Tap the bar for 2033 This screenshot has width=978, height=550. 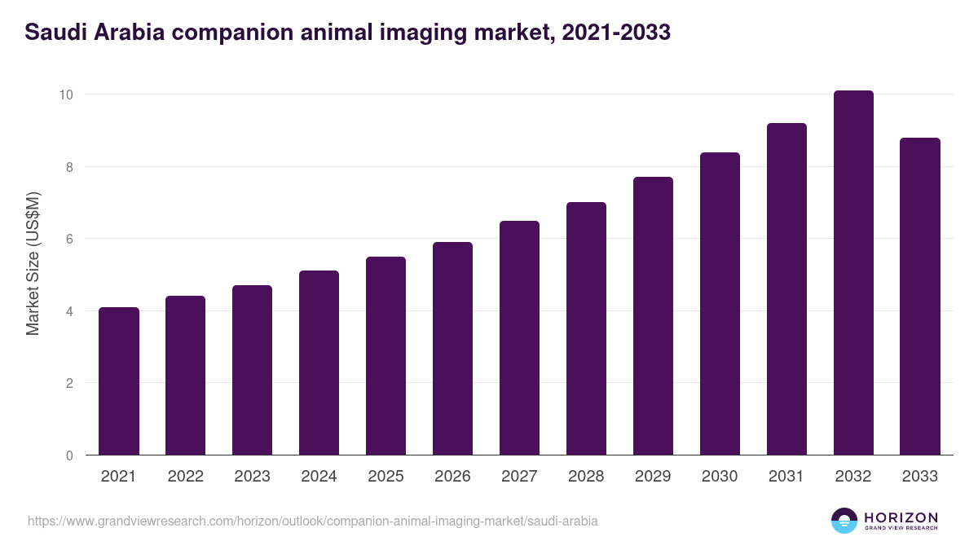pos(920,297)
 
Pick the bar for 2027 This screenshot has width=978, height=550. pos(519,338)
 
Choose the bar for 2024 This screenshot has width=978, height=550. pos(319,363)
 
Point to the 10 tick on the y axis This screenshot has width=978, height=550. pos(66,95)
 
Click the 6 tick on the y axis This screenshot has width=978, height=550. pos(68,239)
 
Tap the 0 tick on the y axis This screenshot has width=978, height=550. pos(68,455)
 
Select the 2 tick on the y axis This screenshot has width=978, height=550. pos(68,383)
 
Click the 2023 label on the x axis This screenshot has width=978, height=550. pos(252,477)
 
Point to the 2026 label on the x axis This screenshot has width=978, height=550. pos(452,477)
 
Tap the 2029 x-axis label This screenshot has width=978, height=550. pos(653,477)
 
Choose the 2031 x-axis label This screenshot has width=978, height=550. pos(786,477)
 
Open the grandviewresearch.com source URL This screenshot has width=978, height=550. pos(313,521)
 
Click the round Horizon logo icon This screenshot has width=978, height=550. pos(844,521)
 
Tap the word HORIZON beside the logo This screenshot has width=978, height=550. pos(901,517)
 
